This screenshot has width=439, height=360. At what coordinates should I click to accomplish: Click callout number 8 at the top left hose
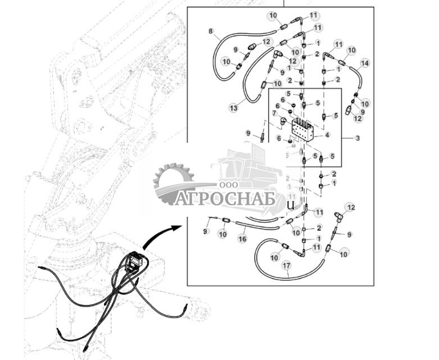[211, 32]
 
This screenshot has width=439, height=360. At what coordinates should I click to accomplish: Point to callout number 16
[242, 239]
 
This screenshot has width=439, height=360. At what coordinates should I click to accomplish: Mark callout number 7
[275, 113]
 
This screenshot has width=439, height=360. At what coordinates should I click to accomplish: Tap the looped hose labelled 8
[216, 53]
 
